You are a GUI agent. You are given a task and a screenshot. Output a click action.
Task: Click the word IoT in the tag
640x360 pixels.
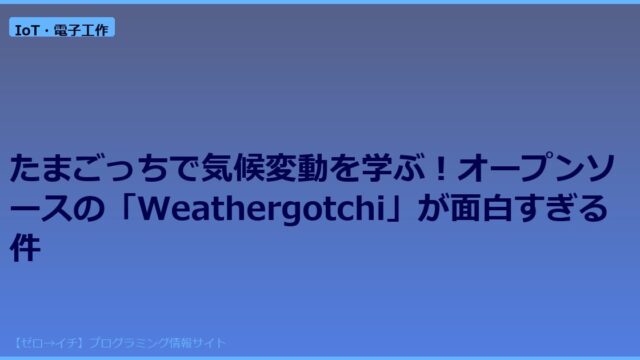coord(27,30)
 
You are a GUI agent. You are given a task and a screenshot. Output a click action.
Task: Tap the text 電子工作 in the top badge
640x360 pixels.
coord(81,30)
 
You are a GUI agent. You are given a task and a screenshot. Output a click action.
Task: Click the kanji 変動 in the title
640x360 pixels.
coord(296,168)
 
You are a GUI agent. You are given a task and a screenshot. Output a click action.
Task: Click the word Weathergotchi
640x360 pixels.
coord(262,209)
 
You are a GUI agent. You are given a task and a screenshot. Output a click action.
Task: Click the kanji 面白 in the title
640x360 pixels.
coord(481,208)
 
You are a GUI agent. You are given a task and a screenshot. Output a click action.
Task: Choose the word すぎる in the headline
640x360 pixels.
coord(561,208)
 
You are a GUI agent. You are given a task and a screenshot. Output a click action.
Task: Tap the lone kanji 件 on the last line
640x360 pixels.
coord(25,247)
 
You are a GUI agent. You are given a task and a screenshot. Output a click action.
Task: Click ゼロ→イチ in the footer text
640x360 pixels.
coord(49,343)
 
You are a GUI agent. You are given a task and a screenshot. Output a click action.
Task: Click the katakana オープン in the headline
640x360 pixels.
coord(520,168)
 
